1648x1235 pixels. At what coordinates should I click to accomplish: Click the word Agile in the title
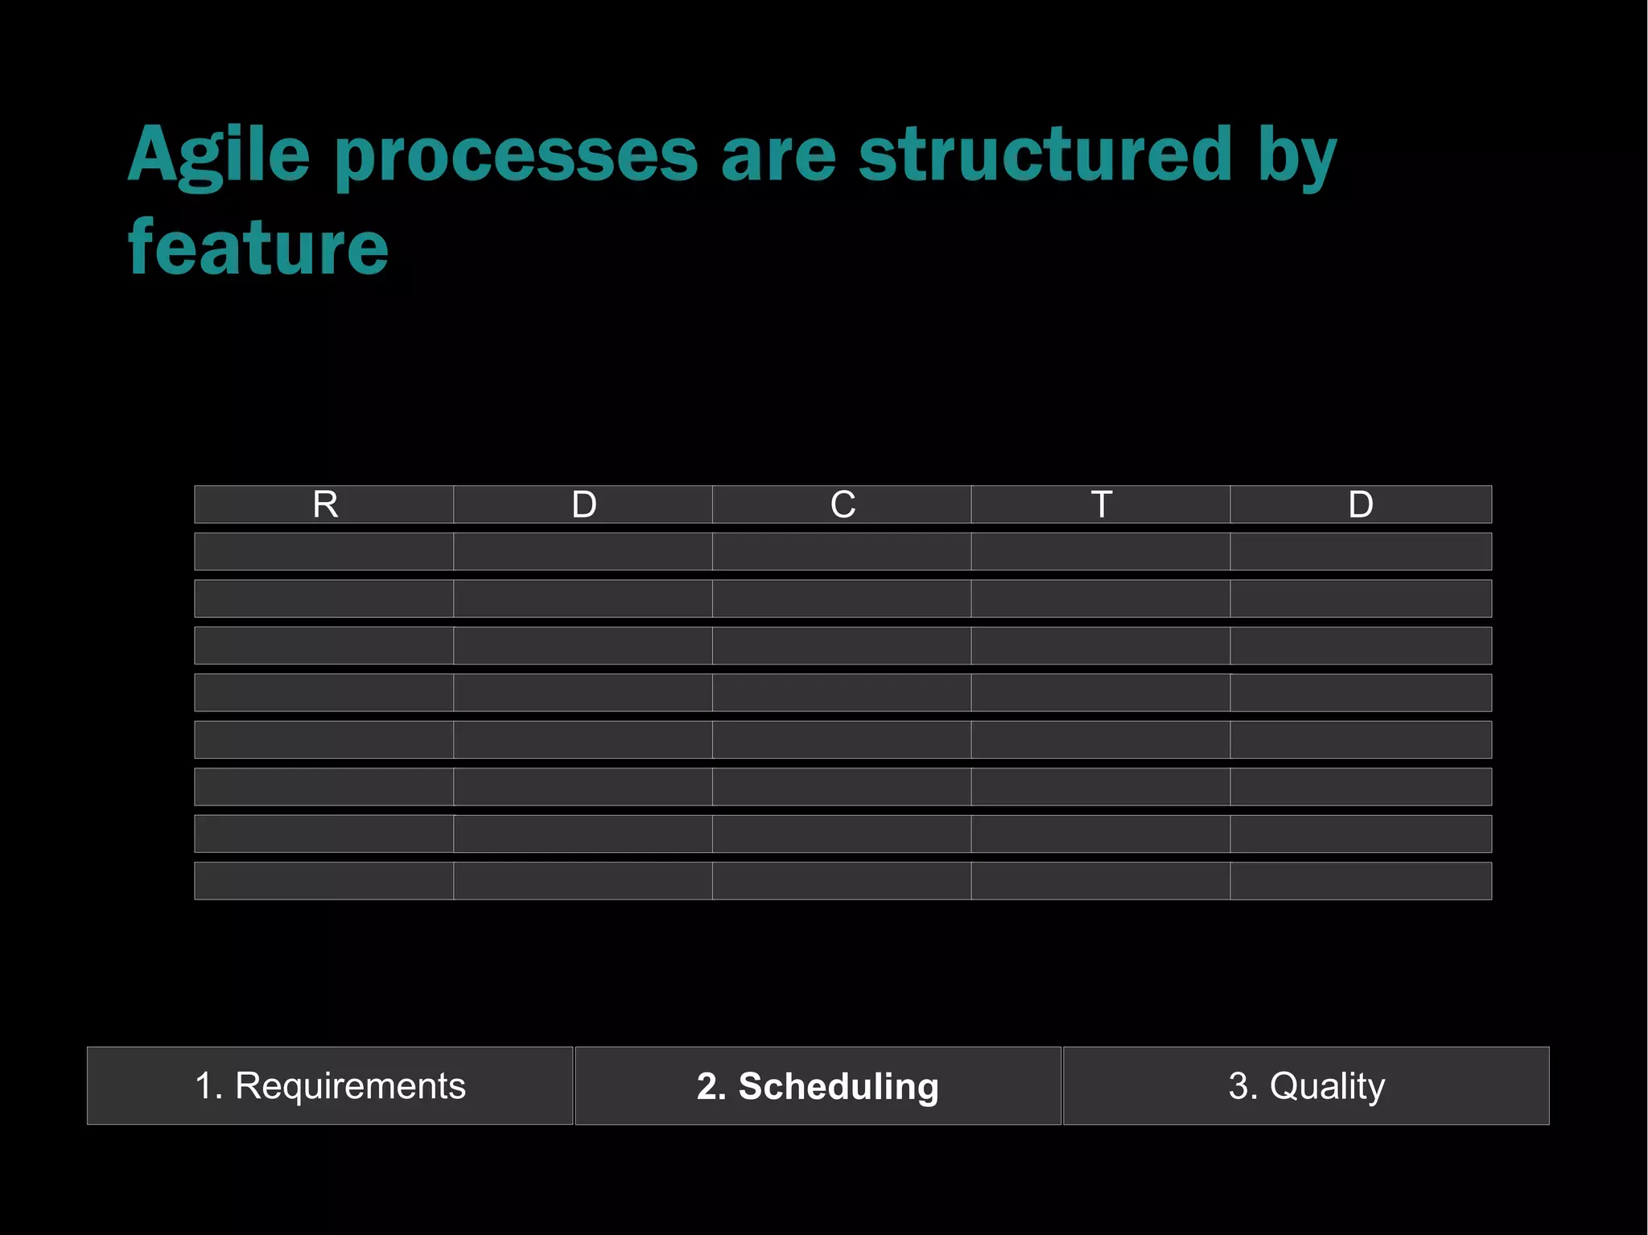pyautogui.click(x=219, y=155)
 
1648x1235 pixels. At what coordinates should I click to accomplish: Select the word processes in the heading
pyautogui.click(x=516, y=155)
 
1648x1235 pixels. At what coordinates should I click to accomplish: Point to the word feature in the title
pyautogui.click(x=258, y=247)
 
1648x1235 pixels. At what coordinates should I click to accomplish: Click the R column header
pyautogui.click(x=324, y=504)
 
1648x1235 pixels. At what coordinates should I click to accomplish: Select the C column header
pyautogui.click(x=842, y=504)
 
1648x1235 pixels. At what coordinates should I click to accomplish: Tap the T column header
pyautogui.click(x=1101, y=504)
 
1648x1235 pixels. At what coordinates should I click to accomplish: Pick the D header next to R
pyautogui.click(x=583, y=504)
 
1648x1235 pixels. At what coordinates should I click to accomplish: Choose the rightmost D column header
pyautogui.click(x=1360, y=504)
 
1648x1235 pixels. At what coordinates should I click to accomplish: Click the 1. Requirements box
pyautogui.click(x=330, y=1085)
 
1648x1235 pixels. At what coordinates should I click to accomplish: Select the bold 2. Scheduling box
pyautogui.click(x=818, y=1085)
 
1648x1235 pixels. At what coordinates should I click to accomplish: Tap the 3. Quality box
pyautogui.click(x=1306, y=1085)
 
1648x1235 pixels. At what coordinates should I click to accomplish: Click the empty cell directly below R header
pyautogui.click(x=324, y=551)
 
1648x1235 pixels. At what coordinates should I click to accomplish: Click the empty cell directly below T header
pyautogui.click(x=1101, y=551)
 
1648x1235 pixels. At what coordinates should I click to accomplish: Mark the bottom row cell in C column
pyautogui.click(x=842, y=881)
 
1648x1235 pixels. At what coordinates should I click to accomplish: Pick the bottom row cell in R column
pyautogui.click(x=324, y=881)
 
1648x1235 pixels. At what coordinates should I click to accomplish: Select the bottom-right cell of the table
pyautogui.click(x=1360, y=881)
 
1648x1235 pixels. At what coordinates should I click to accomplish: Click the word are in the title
pyautogui.click(x=778, y=155)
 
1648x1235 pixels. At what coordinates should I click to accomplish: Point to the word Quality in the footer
pyautogui.click(x=1327, y=1085)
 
